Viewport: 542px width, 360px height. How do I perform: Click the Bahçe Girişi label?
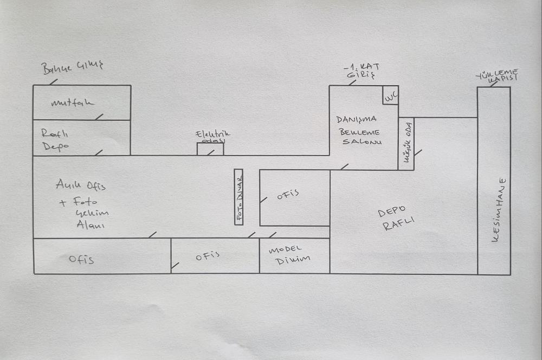tap(72, 67)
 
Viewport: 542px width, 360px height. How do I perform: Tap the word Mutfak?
tap(73, 102)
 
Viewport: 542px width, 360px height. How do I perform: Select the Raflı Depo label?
tap(55, 140)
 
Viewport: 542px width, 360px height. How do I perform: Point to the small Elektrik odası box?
tap(210, 149)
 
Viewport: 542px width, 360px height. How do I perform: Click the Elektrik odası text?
tap(213, 136)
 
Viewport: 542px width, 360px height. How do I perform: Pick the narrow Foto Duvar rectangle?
tap(238, 196)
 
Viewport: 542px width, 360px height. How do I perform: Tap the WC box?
tap(390, 95)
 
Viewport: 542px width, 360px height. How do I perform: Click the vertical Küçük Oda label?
tap(406, 143)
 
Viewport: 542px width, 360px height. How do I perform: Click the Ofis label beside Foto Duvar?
tap(288, 196)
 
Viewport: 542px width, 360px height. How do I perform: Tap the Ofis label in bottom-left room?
tap(81, 259)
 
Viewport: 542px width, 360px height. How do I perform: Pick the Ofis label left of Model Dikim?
tap(207, 255)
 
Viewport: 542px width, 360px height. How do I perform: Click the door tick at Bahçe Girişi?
tap(53, 82)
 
